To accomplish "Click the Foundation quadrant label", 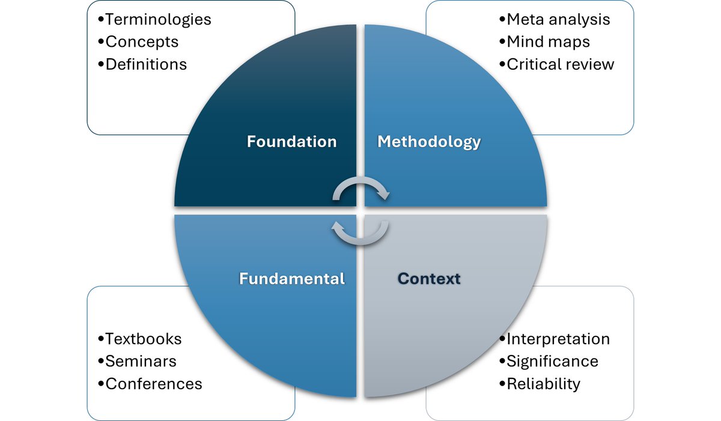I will (x=291, y=142).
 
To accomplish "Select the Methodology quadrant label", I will (x=429, y=142).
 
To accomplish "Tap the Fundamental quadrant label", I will (x=292, y=279).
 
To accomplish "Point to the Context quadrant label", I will (x=429, y=279).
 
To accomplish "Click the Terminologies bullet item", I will (x=157, y=19).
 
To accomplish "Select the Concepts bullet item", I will (x=141, y=41).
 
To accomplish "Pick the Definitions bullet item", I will (x=145, y=64).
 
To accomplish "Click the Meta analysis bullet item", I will (x=558, y=19).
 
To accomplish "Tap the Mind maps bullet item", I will (x=547, y=41).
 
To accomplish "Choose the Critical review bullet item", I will (x=560, y=64).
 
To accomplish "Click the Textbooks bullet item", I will (x=142, y=339).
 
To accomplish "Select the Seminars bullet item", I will (x=140, y=361).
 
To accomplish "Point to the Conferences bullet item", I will (x=153, y=383).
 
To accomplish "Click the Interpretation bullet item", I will (x=558, y=339).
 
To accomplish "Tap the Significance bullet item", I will (x=552, y=361).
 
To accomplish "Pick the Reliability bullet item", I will (x=543, y=383).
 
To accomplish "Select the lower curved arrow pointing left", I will (x=360, y=233).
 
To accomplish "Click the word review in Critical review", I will (x=590, y=64).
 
